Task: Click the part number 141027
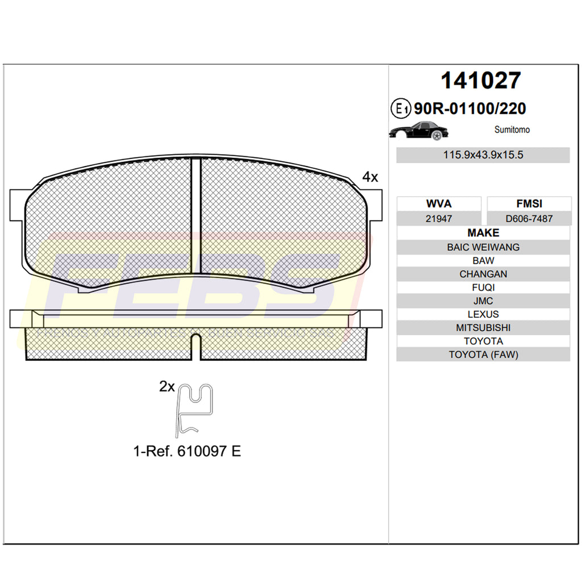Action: [481, 81]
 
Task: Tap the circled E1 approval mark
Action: [401, 109]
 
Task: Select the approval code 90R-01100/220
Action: [470, 109]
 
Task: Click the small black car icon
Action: [419, 131]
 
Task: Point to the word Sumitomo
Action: [512, 130]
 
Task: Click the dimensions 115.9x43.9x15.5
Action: [483, 155]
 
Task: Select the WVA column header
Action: [439, 204]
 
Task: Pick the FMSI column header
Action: [529, 204]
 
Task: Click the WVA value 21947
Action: [439, 219]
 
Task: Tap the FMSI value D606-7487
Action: [529, 219]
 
